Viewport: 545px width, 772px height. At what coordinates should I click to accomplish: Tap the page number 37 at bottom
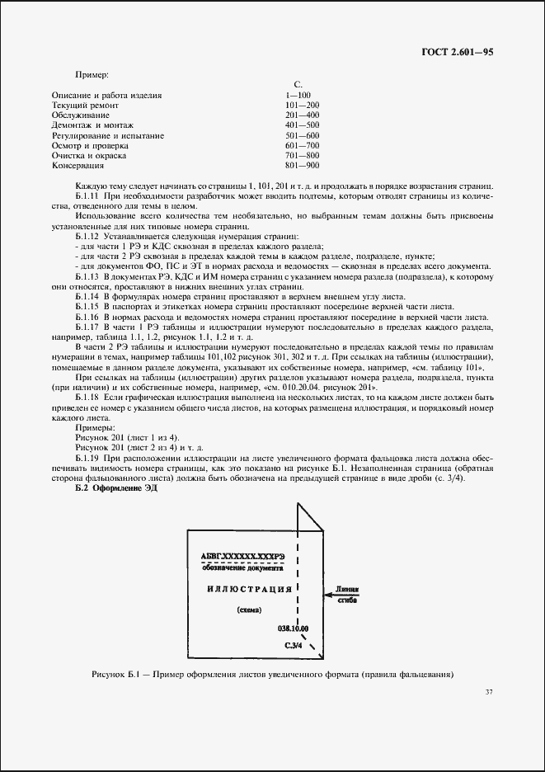pyautogui.click(x=489, y=691)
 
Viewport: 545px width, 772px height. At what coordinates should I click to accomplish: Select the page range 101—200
pyautogui.click(x=301, y=106)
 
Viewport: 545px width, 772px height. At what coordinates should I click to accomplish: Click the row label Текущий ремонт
pyautogui.click(x=85, y=106)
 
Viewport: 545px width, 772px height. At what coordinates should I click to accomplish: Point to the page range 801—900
pyautogui.click(x=301, y=165)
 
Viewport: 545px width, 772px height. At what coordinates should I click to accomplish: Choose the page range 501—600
pyautogui.click(x=301, y=135)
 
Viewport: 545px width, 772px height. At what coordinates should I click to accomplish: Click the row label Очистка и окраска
pyautogui.click(x=88, y=155)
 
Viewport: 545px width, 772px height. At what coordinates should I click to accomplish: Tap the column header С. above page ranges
pyautogui.click(x=298, y=85)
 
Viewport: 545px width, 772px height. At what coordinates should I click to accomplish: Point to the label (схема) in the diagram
pyautogui.click(x=248, y=610)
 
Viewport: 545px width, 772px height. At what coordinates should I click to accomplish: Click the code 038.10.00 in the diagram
pyautogui.click(x=292, y=628)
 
